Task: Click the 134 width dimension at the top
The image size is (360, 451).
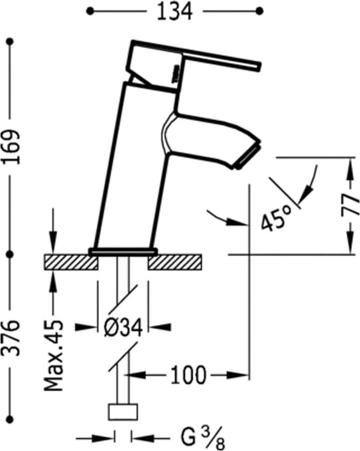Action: click(175, 12)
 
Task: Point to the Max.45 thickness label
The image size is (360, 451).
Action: click(54, 355)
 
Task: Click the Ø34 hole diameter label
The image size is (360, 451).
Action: click(123, 327)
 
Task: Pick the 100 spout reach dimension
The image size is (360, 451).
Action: click(188, 375)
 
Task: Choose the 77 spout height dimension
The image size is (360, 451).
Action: click(350, 205)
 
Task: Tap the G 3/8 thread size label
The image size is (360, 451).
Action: click(203, 438)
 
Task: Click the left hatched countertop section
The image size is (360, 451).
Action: click(71, 262)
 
